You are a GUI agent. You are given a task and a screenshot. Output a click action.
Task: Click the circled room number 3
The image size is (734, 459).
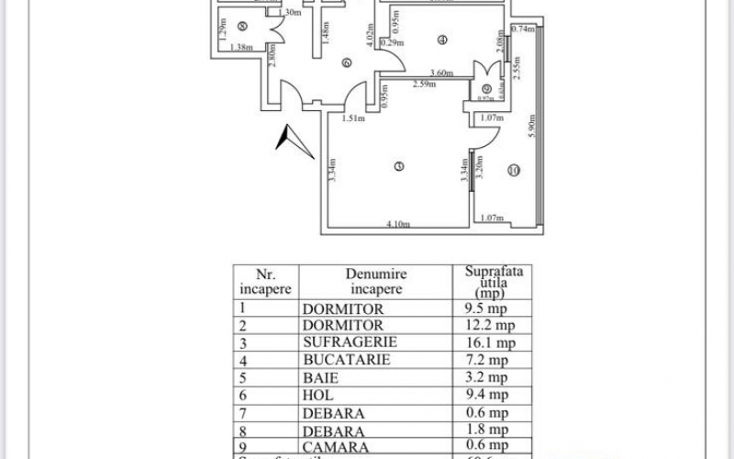397,166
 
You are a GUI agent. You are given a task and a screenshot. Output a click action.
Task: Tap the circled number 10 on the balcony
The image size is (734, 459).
513,170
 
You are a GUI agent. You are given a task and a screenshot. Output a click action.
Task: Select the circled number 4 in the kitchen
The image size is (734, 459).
442,39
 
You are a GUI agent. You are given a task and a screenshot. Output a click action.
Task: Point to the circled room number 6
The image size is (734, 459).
346,62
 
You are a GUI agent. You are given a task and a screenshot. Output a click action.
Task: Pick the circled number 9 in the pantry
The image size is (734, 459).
486,88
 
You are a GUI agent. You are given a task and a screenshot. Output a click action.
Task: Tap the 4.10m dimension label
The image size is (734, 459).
397,224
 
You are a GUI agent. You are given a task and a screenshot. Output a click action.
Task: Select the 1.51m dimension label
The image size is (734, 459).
354,118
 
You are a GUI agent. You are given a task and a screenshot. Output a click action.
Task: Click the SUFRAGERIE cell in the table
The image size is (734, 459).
345,343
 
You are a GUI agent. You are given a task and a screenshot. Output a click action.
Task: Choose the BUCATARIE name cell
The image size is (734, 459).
345,360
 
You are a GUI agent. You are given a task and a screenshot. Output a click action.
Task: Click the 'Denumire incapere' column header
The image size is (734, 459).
376,281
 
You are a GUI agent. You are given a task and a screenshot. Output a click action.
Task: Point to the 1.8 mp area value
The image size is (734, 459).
483,430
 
